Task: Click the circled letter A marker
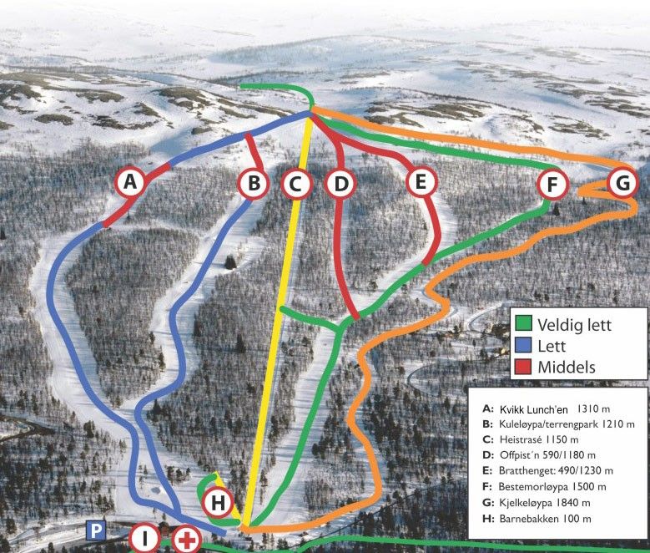(129, 181)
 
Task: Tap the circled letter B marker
(254, 183)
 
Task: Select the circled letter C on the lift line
(296, 183)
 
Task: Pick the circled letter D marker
(339, 183)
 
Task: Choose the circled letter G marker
(622, 181)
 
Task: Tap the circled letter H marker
(218, 503)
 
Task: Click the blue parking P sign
(96, 530)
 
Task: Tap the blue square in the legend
(523, 345)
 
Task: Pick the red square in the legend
(523, 367)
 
